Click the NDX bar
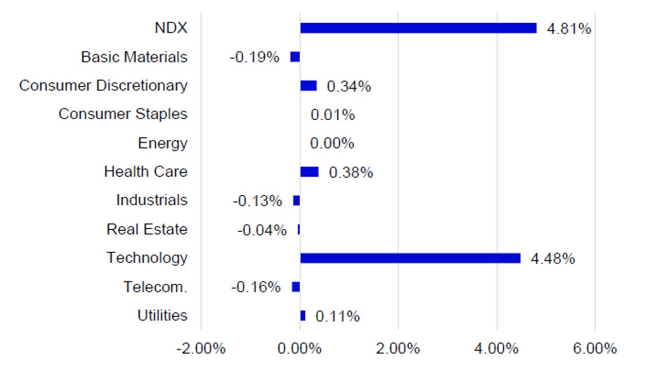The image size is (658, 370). [418, 28]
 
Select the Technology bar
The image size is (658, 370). [410, 258]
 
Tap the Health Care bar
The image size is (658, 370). [309, 172]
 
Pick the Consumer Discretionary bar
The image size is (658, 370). [308, 85]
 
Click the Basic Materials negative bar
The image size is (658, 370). [295, 57]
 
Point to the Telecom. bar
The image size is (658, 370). [296, 287]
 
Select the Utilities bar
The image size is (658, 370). [302, 316]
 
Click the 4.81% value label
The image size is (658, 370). [569, 29]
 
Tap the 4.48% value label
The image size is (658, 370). [552, 258]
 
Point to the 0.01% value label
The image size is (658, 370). [333, 115]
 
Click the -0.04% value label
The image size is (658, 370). [262, 230]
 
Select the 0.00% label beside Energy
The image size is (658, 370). [332, 143]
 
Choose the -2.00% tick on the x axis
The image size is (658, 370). [200, 349]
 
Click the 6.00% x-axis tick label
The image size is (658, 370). [595, 349]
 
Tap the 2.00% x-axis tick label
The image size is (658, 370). [398, 349]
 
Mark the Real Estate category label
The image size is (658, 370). [147, 229]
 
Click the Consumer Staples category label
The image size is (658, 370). [123, 114]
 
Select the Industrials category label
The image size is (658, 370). [152, 200]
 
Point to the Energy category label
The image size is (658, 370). [162, 143]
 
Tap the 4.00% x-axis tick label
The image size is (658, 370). [497, 349]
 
